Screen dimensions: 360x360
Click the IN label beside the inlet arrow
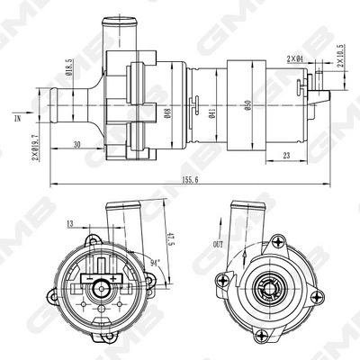[x=16, y=117]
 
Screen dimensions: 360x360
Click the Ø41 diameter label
[x=210, y=112]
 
